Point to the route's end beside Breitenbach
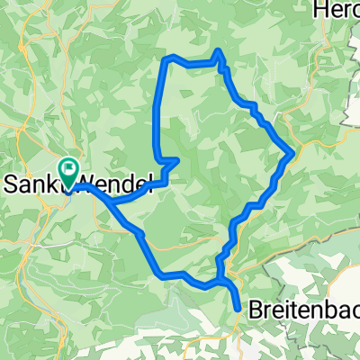pos(238,309)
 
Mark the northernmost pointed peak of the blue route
pos(220,51)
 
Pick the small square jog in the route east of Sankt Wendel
pos(171,165)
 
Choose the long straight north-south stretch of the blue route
pos(158,117)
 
